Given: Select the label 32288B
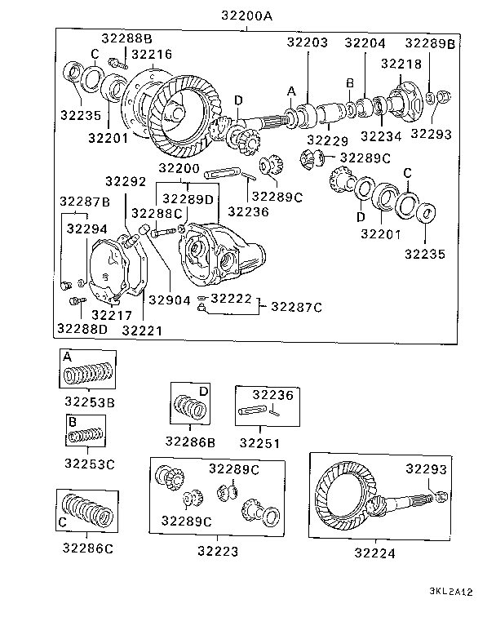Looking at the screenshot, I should (127, 39).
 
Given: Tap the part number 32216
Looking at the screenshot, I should (152, 55).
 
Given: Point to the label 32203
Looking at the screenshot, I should (308, 42).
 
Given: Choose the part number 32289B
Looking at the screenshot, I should (430, 43).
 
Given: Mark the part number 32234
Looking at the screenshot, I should (382, 135).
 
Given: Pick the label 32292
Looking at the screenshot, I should (125, 181).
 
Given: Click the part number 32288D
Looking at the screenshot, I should (82, 329).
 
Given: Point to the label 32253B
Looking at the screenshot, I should (90, 402).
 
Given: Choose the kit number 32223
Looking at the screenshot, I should (218, 552).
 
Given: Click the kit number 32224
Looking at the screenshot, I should (374, 552).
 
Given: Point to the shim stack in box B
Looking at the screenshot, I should (86, 436).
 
